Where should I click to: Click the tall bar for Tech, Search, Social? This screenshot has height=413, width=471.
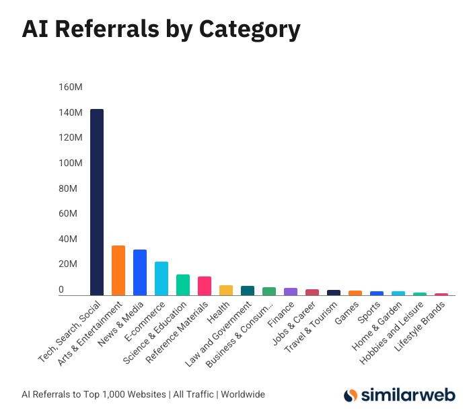(97, 202)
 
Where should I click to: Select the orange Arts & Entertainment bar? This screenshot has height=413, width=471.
(118, 270)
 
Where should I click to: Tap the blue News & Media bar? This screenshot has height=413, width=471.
(140, 272)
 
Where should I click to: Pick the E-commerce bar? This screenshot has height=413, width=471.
(161, 278)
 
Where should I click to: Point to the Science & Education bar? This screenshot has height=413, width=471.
(183, 285)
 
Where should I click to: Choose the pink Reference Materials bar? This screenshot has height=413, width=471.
(205, 286)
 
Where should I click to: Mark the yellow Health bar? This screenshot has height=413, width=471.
(226, 290)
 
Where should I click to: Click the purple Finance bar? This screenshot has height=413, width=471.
(291, 291)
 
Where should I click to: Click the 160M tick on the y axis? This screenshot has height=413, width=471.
(70, 87)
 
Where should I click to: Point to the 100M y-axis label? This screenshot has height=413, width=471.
(70, 163)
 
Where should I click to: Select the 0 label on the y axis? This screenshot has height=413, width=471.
(61, 290)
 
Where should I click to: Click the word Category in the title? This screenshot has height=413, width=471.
(244, 30)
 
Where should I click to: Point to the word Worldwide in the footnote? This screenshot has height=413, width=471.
(243, 394)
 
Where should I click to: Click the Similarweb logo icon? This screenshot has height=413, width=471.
(351, 396)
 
